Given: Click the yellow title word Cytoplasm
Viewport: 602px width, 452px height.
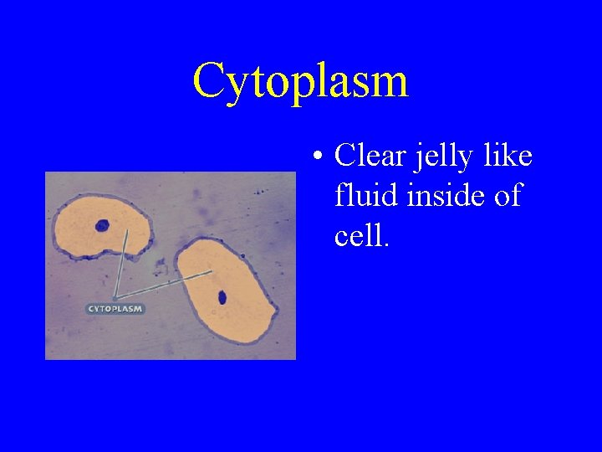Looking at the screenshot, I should (300, 81).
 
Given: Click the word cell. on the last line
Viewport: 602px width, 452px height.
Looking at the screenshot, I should (361, 236).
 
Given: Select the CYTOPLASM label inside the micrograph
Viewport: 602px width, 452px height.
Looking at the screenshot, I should (115, 309).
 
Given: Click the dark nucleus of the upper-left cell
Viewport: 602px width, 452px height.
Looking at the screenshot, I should (103, 225).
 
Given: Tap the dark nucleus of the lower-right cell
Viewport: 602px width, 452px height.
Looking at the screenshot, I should (222, 296).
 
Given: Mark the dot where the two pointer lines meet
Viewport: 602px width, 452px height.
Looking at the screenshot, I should (115, 298).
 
